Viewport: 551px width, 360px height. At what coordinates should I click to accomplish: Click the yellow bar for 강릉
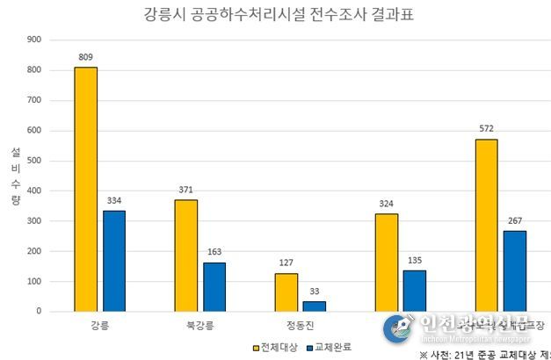(x=85, y=189)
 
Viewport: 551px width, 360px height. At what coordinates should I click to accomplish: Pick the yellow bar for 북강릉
(x=185, y=255)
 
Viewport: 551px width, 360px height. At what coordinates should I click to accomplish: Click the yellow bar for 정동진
(x=286, y=292)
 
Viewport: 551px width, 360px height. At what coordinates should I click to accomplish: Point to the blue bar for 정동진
(x=315, y=306)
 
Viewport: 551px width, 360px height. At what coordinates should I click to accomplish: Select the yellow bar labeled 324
(x=386, y=262)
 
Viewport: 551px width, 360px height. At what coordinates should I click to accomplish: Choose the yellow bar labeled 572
(x=486, y=225)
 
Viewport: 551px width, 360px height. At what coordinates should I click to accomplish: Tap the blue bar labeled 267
(x=515, y=270)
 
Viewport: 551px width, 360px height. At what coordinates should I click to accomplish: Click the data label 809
(x=85, y=57)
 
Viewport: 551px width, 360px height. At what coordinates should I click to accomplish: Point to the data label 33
(x=315, y=292)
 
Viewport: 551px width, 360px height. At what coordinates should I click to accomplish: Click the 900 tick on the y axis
(x=33, y=40)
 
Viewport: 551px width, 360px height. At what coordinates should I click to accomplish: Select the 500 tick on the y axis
(x=33, y=160)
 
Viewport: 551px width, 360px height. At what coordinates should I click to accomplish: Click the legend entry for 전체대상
(x=276, y=346)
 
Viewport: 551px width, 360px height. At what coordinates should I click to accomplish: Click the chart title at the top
(x=275, y=15)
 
